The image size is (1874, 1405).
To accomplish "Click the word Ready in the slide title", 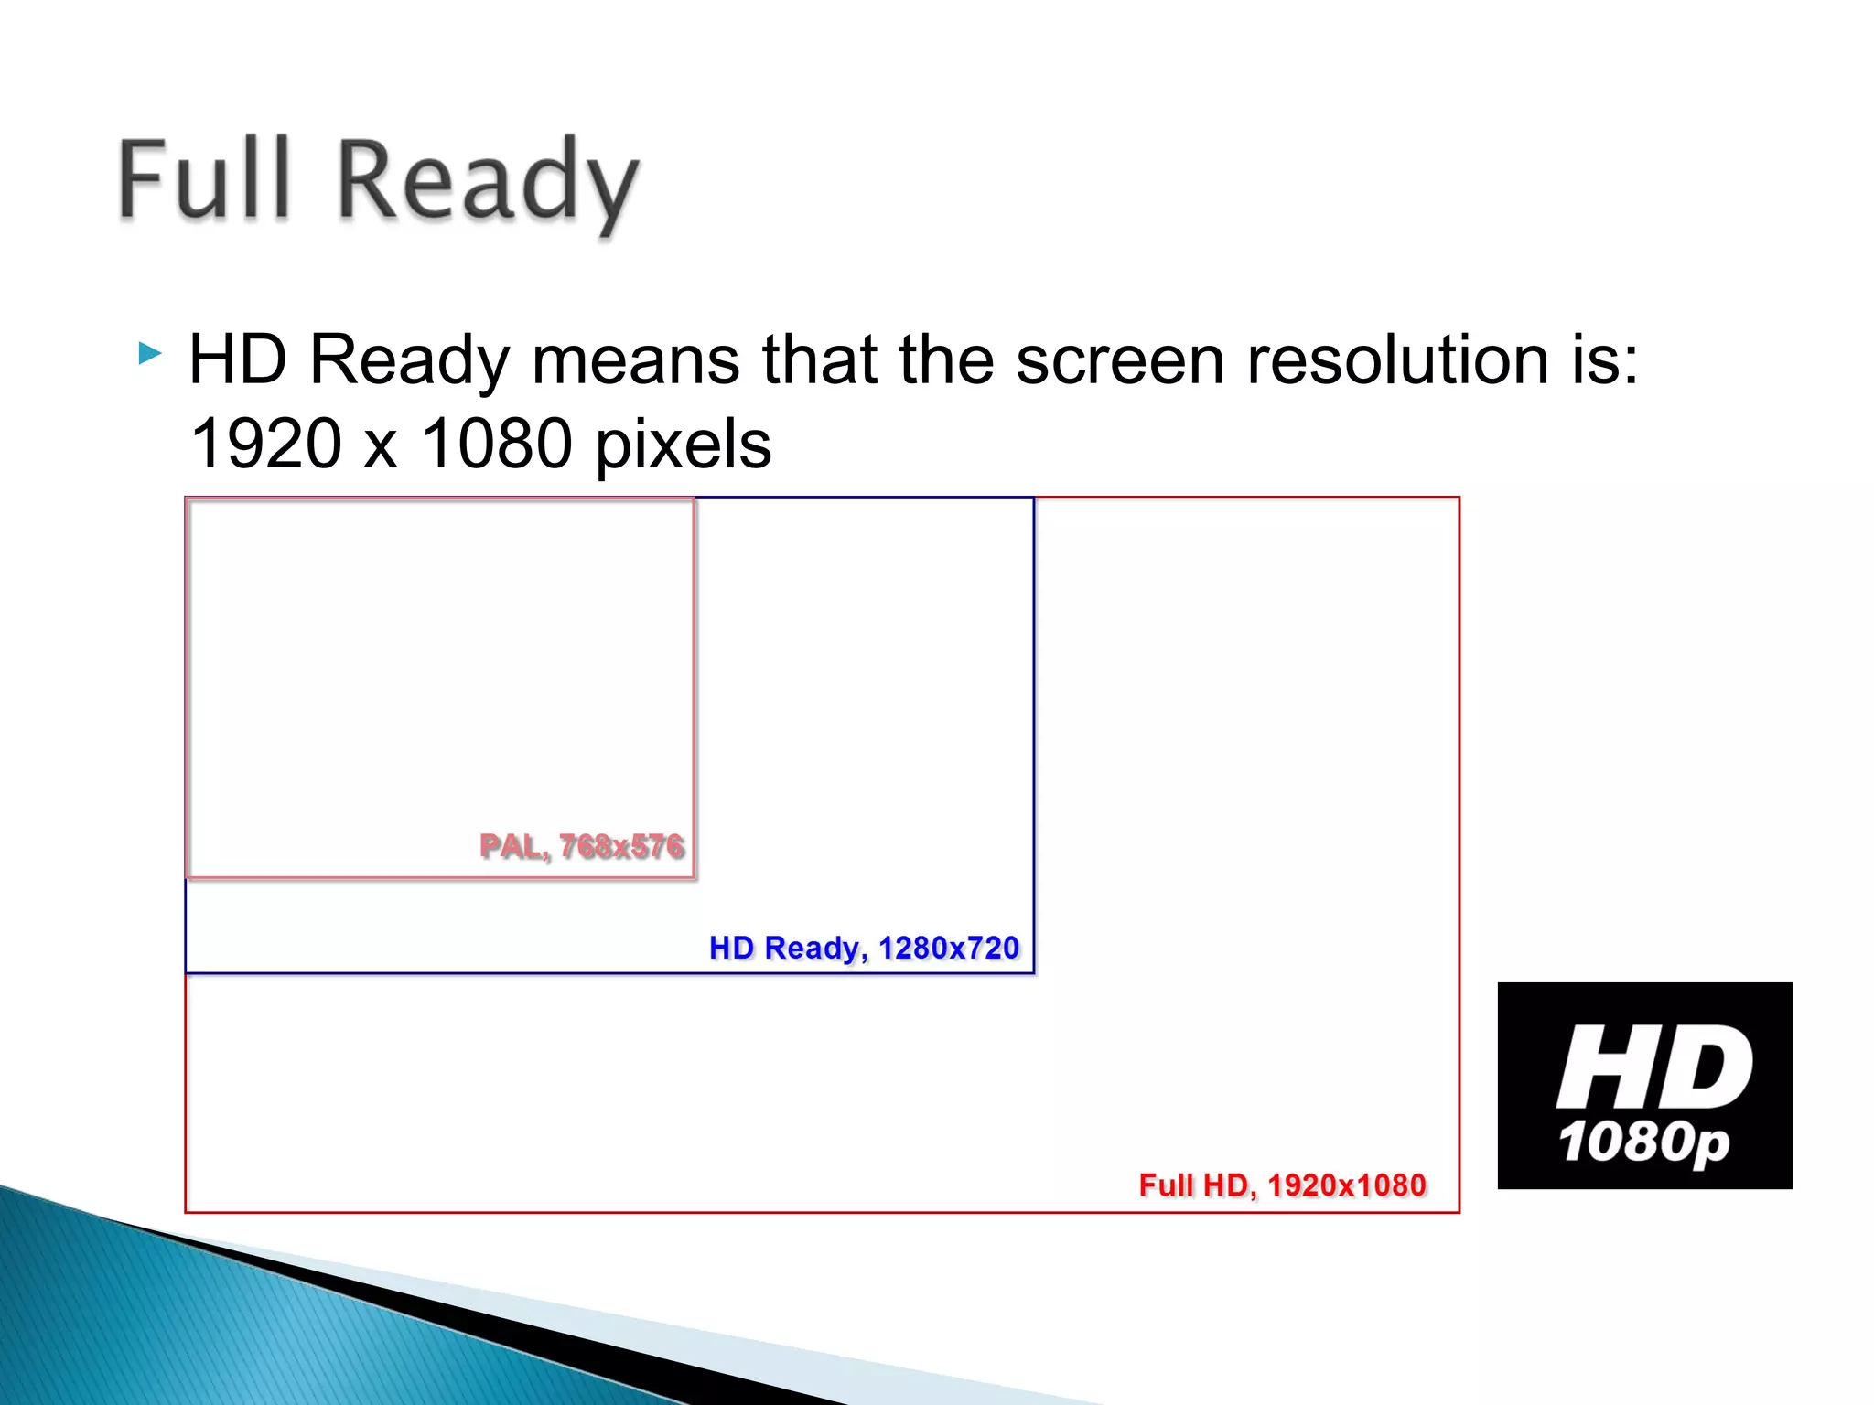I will [487, 183].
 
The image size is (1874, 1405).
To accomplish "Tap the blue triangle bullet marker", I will [149, 353].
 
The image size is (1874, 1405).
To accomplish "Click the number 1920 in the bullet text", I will [265, 445].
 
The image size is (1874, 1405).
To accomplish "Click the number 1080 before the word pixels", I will [496, 445].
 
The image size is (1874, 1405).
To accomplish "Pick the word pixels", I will [683, 446].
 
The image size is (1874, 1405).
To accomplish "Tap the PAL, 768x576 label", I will [582, 846].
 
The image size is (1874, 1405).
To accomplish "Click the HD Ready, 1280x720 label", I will [864, 948].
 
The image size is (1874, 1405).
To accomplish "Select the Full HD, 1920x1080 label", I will [1282, 1185].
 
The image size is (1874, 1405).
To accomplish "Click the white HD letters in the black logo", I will [1653, 1067].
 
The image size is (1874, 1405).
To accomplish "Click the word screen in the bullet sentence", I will [1120, 360].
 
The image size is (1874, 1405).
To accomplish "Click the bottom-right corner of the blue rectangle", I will [1034, 973].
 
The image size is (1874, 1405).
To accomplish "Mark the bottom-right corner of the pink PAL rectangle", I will [694, 877].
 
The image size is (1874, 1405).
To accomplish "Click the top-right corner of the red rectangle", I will [1459, 498].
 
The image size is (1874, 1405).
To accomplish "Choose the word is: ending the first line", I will [1604, 360].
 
